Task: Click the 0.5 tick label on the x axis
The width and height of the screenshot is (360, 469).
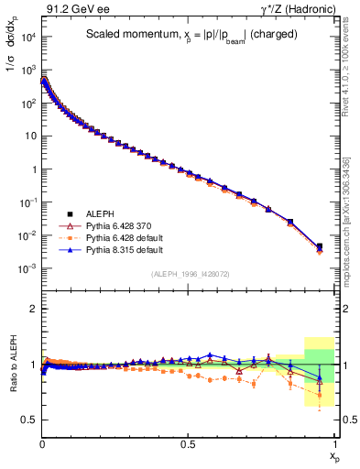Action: [x=188, y=443]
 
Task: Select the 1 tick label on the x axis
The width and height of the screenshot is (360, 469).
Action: [x=334, y=443]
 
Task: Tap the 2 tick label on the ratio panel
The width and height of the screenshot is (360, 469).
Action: [x=31, y=309]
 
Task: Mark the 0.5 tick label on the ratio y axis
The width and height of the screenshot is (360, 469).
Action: [x=27, y=420]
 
